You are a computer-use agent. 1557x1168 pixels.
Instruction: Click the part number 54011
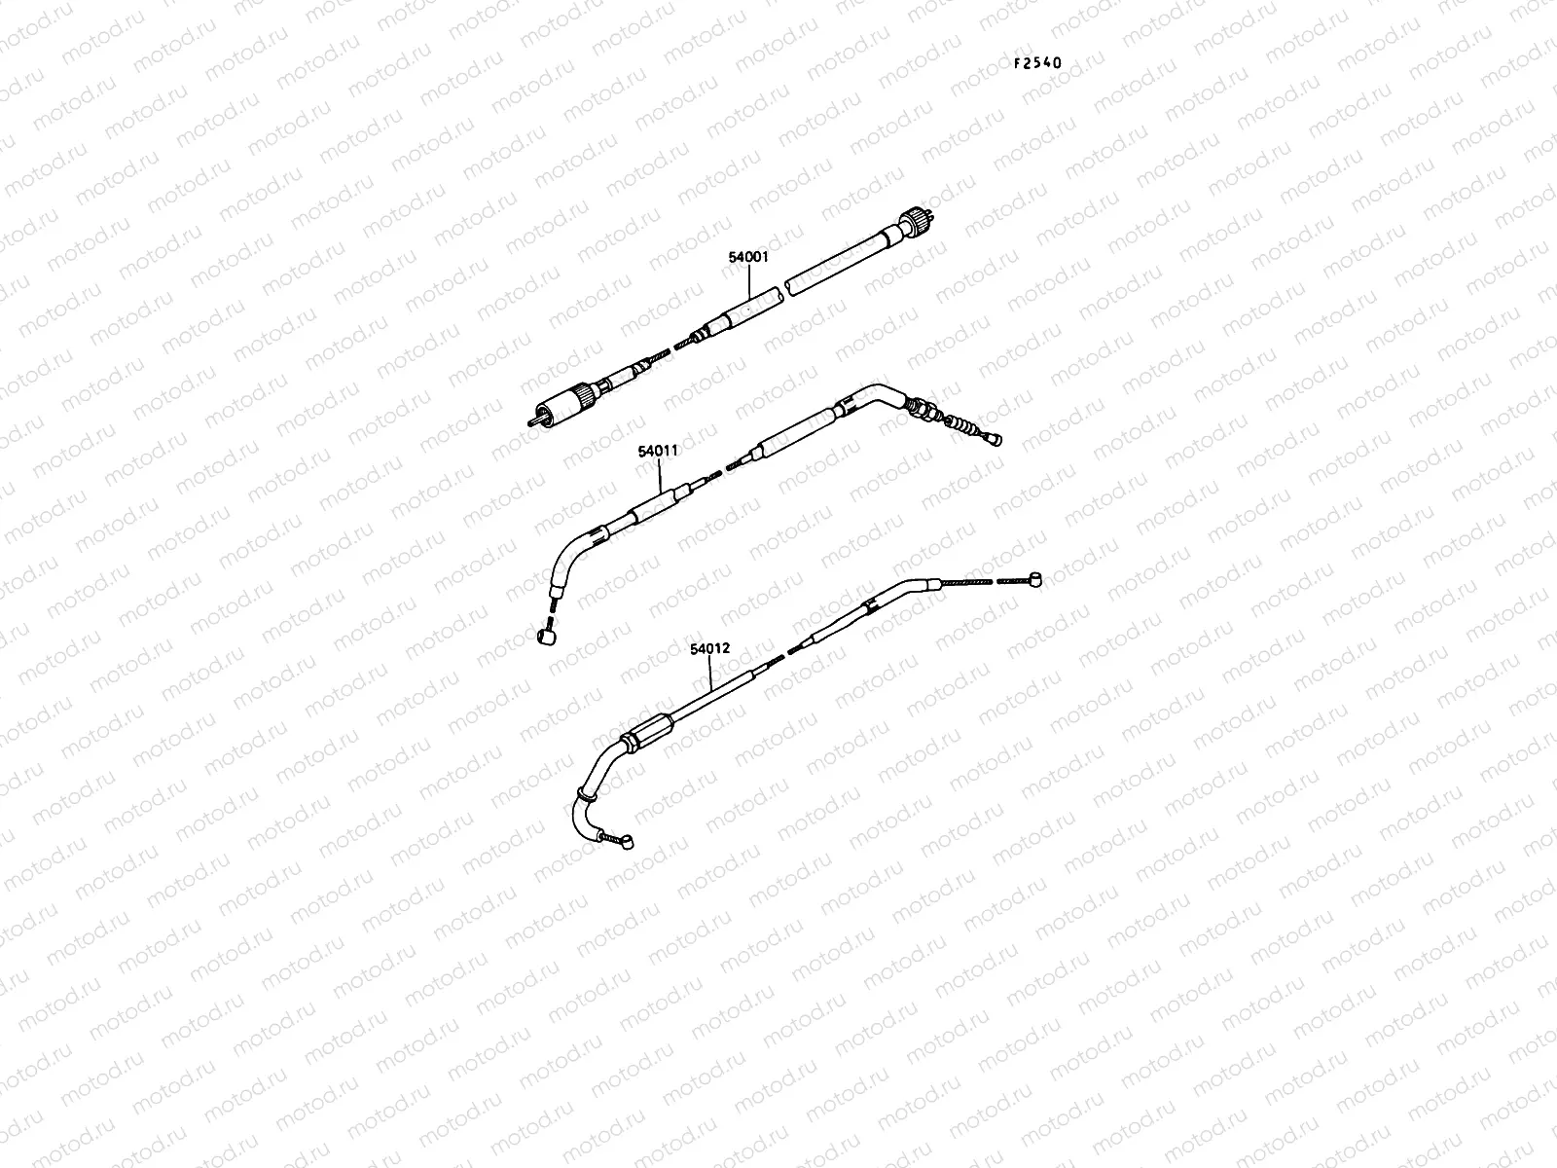[659, 452]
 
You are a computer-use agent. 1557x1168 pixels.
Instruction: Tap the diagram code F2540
[1037, 63]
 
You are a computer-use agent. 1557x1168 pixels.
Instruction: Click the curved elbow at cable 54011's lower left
[565, 559]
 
